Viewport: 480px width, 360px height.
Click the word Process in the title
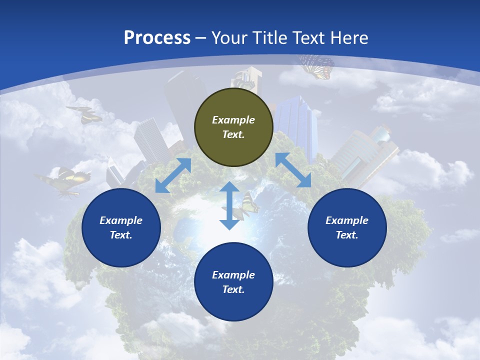point(157,37)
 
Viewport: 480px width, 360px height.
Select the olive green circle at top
point(233,127)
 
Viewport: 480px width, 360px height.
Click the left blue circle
point(121,227)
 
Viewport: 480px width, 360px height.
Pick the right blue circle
point(347,227)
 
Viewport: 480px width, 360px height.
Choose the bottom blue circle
point(233,281)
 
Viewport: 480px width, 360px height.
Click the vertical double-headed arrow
point(229,205)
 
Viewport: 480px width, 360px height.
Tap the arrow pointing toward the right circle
point(293,170)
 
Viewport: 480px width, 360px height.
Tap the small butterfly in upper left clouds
point(84,114)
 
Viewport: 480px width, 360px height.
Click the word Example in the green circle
point(233,120)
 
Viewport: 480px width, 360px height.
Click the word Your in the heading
point(229,37)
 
